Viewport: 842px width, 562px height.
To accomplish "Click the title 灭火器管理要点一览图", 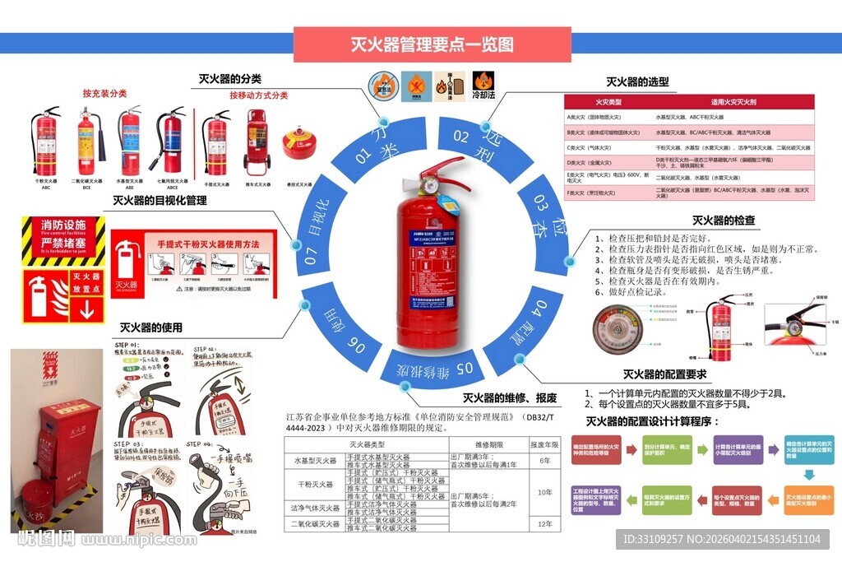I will coord(432,44).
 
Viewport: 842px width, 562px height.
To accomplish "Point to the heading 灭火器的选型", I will coord(637,81).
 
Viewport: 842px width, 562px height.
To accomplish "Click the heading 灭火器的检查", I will coord(723,221).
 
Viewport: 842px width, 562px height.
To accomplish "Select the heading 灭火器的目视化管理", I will coord(160,200).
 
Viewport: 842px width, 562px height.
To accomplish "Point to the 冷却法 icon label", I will coord(483,95).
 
